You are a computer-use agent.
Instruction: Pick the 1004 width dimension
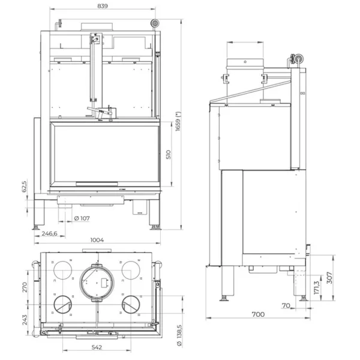97,240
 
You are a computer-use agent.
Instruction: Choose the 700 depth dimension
258,314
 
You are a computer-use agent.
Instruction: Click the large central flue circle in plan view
97,282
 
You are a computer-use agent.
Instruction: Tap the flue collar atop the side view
245,64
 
